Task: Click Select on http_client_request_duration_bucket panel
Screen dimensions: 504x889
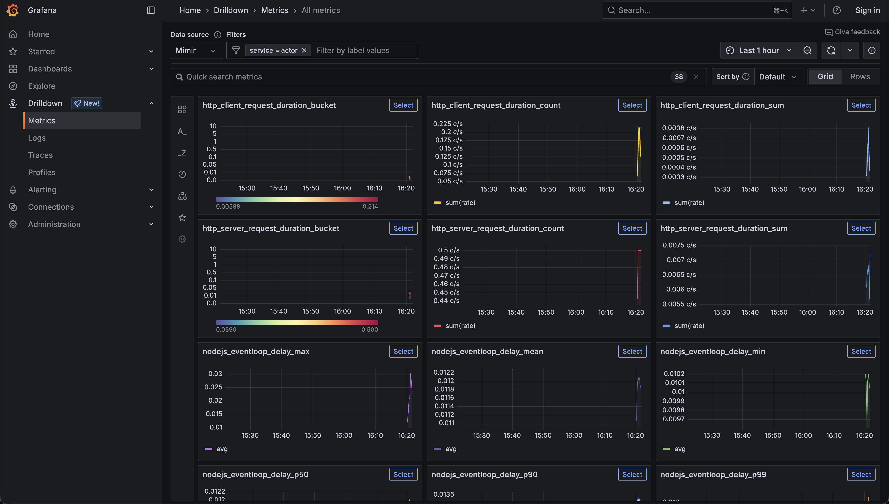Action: (403, 105)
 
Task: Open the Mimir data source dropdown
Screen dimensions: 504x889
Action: (196, 51)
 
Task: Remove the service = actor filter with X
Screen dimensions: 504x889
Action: (304, 51)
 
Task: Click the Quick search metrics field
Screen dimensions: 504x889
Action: (416, 77)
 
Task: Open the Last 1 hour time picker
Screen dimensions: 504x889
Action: (759, 51)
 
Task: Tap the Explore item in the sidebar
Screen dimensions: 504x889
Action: (42, 86)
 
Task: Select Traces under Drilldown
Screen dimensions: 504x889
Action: (40, 155)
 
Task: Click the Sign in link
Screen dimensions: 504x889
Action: (867, 10)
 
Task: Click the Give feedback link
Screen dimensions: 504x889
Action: (853, 32)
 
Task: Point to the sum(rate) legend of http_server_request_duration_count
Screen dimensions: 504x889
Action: (460, 326)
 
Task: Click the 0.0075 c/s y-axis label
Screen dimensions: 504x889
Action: (679, 245)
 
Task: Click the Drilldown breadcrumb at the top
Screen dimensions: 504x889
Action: (231, 10)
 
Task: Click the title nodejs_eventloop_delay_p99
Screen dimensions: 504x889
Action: (713, 475)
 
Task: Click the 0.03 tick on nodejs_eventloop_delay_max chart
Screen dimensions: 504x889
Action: (215, 374)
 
